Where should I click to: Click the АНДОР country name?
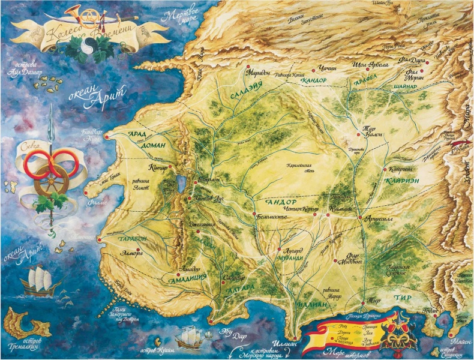[x=278, y=203]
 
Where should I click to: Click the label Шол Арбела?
[x=373, y=64]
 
